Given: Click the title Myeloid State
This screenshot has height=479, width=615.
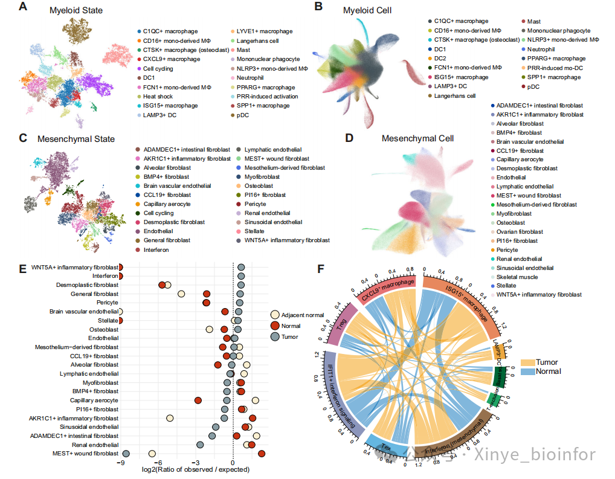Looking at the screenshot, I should tap(77, 10).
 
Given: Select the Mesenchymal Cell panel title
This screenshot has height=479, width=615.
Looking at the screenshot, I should tap(417, 138).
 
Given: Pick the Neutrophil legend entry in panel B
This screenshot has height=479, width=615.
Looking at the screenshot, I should tap(543, 49).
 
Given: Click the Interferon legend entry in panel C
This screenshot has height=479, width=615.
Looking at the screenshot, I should tap(156, 249).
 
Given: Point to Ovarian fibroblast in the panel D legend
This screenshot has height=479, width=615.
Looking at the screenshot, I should tap(519, 232).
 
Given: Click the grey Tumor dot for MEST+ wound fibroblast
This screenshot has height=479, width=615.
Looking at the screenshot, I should tap(126, 454).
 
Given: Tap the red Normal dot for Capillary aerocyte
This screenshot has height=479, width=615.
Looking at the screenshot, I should tap(198, 400).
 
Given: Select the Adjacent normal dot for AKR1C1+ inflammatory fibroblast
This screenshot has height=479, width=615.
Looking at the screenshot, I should tap(170, 418).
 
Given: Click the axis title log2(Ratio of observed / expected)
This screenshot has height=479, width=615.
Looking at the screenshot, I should tap(195, 470).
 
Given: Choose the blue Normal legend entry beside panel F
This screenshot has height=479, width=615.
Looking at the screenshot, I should tap(548, 371).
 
